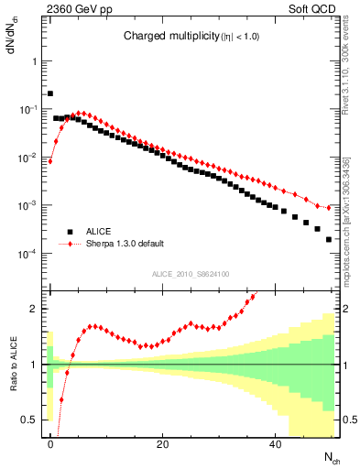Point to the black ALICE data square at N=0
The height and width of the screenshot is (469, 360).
pos(50,93)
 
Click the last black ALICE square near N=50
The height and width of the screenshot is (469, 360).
pos(328,239)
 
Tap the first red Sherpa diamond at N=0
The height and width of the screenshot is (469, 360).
pos(50,161)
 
